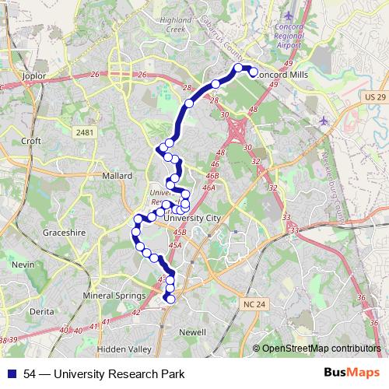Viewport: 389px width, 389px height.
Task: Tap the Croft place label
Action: (x=31, y=141)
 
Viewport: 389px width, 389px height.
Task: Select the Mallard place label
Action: (x=117, y=176)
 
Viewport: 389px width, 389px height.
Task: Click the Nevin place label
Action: (x=23, y=265)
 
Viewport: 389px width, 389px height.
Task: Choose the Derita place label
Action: (x=40, y=311)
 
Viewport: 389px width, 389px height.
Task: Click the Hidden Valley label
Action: (x=124, y=349)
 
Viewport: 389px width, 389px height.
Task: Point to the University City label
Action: (x=194, y=219)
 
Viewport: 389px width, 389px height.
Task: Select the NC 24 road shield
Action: (x=253, y=303)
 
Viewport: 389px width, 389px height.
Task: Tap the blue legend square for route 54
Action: (x=12, y=373)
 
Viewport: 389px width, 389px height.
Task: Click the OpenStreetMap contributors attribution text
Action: (x=321, y=348)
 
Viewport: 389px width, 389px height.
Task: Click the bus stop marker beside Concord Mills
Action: (x=253, y=72)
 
